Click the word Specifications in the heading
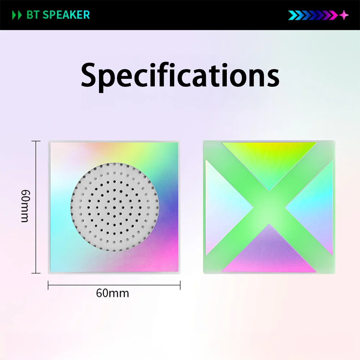tap(180, 76)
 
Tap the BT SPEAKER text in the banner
tap(58, 15)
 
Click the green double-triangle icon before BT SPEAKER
tap(17, 15)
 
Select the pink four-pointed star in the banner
tap(344, 15)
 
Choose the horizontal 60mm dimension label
tap(112, 293)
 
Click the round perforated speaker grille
tap(114, 207)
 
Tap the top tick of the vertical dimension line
tap(36, 141)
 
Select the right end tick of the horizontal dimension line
tap(180, 285)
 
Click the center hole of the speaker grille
tap(114, 207)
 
